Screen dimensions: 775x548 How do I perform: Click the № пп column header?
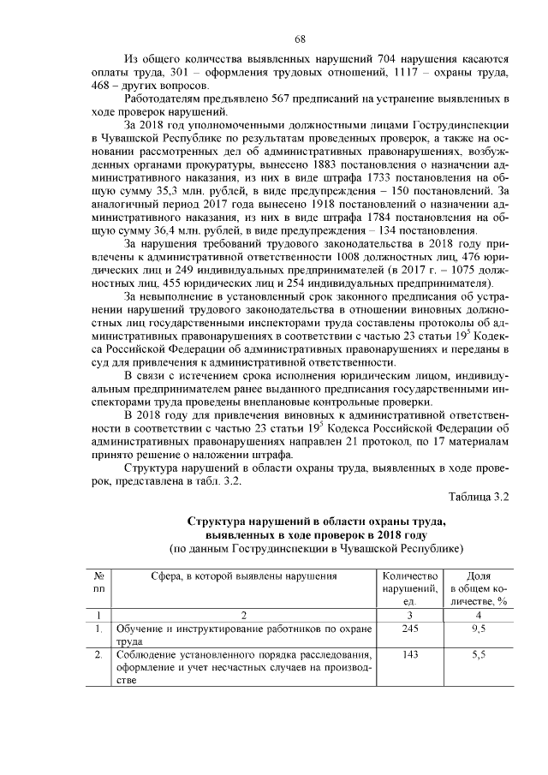click(99, 582)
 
